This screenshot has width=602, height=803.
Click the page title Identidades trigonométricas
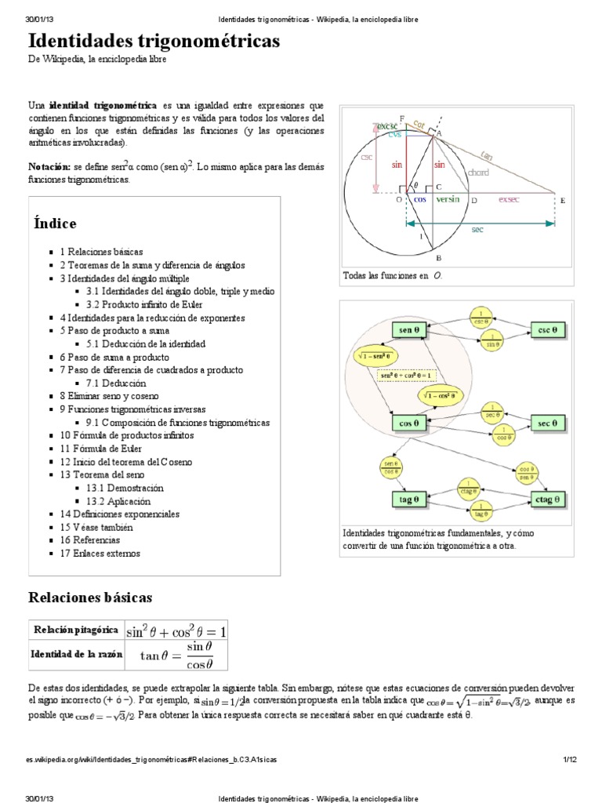point(154,41)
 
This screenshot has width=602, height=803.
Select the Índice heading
point(54,223)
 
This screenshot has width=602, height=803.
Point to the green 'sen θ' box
point(408,329)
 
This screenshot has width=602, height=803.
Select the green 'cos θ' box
point(408,423)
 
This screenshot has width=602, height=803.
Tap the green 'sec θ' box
point(547,423)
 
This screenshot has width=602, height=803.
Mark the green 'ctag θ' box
point(547,499)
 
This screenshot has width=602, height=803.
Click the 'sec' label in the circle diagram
point(477,230)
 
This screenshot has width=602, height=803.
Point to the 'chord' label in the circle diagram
point(478,173)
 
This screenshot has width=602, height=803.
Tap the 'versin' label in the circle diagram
point(448,199)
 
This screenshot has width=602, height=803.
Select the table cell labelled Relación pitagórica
point(75,630)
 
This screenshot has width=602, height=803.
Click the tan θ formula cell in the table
point(176,655)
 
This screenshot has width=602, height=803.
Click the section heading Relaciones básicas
point(90,597)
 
